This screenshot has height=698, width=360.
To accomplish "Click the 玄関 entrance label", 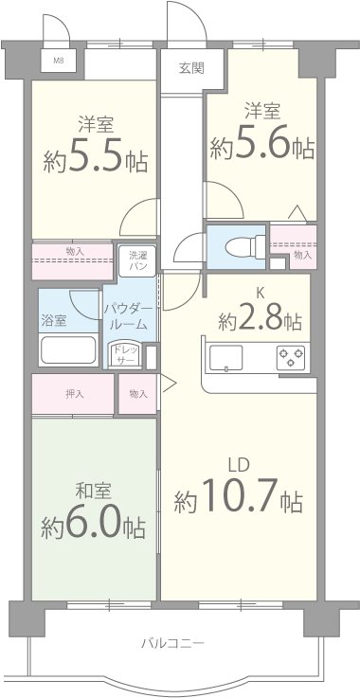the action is [191, 68].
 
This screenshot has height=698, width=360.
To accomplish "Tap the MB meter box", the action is [59, 61].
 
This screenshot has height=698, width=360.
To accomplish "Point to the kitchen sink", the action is [226, 357].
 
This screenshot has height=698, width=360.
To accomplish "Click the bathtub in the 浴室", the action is [68, 350].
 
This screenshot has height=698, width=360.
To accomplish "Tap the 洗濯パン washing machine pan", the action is [136, 260].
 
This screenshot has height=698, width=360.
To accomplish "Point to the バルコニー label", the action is [172, 643].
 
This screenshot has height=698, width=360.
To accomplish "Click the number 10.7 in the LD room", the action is [240, 495].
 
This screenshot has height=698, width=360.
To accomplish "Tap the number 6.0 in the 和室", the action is [94, 526].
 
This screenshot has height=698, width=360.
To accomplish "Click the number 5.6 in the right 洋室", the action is [262, 145].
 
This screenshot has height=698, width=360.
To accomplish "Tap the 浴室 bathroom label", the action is [54, 321].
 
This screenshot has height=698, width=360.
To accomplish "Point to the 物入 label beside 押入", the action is [138, 394].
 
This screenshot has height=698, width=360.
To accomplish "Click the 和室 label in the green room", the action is [93, 491].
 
